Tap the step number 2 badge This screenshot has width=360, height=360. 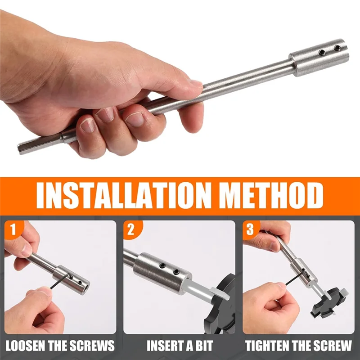tap(131, 230)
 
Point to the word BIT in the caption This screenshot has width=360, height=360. tap(203, 346)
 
